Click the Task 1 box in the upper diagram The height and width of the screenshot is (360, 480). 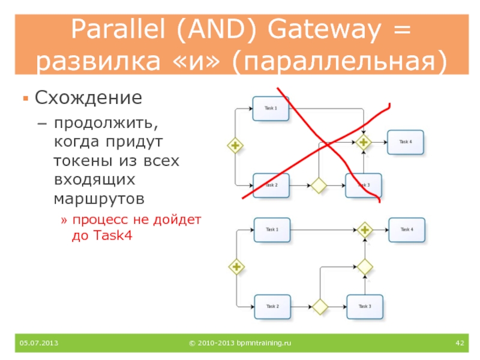[x=271, y=109]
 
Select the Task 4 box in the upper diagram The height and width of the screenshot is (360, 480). [x=405, y=142]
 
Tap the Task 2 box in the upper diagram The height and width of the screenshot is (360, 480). [x=271, y=185]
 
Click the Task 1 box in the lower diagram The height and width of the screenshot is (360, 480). [x=272, y=230]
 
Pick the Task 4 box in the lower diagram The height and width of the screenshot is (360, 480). [x=407, y=230]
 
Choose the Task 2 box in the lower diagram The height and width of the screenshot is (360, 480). [x=272, y=307]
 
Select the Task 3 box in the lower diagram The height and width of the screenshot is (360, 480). [x=365, y=307]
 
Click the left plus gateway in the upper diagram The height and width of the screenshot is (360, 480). [x=235, y=145]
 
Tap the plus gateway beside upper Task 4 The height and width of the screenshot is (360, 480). [x=363, y=142]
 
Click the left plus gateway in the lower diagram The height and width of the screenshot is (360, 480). [x=237, y=266]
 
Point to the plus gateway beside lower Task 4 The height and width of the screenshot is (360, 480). [x=365, y=230]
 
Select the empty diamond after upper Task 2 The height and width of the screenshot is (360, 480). [x=318, y=185]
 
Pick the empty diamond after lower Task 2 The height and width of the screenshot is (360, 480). [x=320, y=307]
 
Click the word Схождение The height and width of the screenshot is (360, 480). [x=88, y=98]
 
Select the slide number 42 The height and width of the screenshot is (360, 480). [x=460, y=343]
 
